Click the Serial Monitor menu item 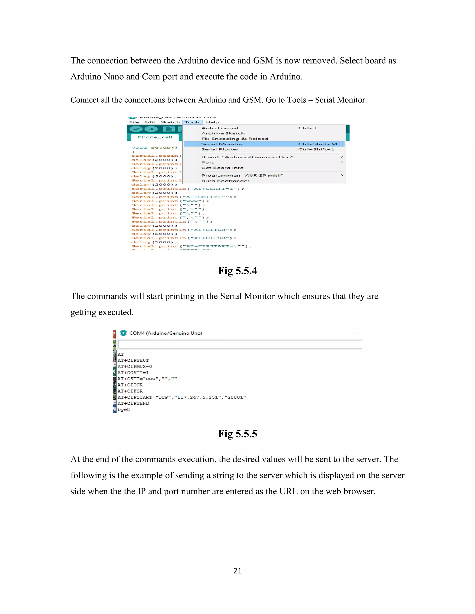pyautogui.click(x=222, y=144)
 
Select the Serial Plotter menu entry pyautogui.click(x=220, y=149)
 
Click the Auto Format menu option pyautogui.click(x=220, y=128)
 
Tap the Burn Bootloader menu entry pyautogui.click(x=225, y=181)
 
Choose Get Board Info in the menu pyautogui.click(x=222, y=168)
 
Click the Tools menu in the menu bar pyautogui.click(x=193, y=122)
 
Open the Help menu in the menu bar pyautogui.click(x=212, y=122)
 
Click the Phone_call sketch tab pyautogui.click(x=155, y=137)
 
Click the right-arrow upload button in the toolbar pyautogui.click(x=151, y=129)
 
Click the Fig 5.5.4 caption pyautogui.click(x=237, y=271)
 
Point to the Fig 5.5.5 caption pyautogui.click(x=237, y=434)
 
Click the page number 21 pyautogui.click(x=237, y=571)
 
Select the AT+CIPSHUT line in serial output pyautogui.click(x=133, y=361)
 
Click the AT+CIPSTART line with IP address pyautogui.click(x=182, y=397)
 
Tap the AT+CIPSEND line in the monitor pyautogui.click(x=133, y=403)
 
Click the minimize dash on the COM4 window pyautogui.click(x=355, y=333)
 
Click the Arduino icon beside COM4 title pyautogui.click(x=123, y=333)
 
